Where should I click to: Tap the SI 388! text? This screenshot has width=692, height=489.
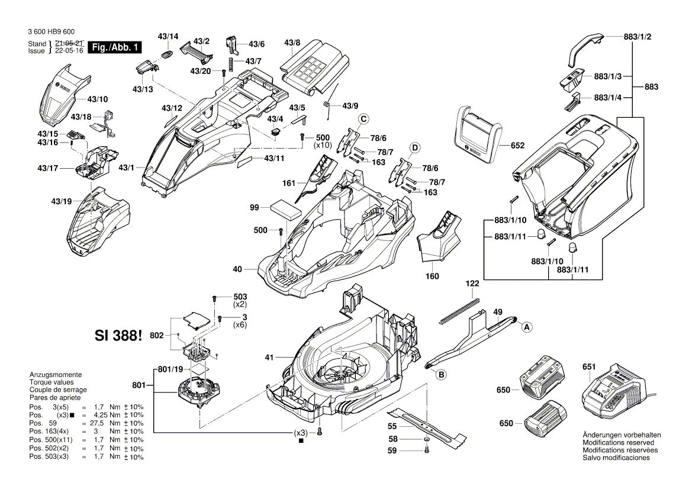tap(118, 336)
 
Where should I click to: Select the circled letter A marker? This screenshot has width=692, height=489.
tap(526, 326)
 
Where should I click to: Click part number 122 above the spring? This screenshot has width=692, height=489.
tap(471, 285)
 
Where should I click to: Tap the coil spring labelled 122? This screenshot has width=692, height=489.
tap(460, 311)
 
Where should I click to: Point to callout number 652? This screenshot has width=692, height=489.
tap(517, 145)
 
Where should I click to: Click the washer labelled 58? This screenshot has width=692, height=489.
tap(427, 440)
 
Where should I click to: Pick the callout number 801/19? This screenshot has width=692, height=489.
tap(171, 370)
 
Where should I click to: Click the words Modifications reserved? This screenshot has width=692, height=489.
tap(618, 443)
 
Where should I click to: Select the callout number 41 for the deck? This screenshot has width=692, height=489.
tap(269, 357)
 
